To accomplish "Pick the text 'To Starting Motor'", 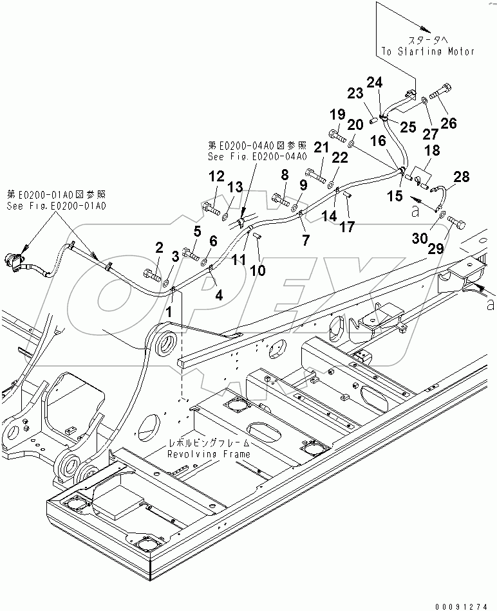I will [x=436, y=51].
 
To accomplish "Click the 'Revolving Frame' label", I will [x=209, y=454].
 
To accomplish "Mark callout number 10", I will [x=258, y=271].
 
